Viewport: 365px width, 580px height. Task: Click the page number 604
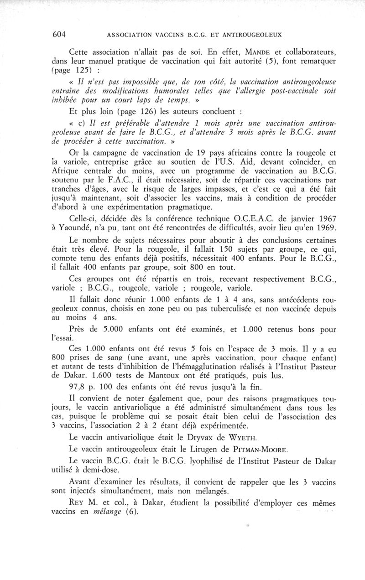click(x=59, y=34)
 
